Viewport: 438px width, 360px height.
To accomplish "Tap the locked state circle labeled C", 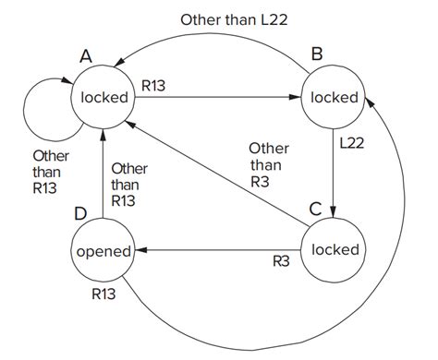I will click(x=335, y=249).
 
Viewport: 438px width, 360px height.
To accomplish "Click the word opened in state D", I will click(x=102, y=251).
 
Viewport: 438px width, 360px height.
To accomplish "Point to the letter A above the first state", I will click(x=86, y=56).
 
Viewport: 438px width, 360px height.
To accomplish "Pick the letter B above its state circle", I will click(x=317, y=55).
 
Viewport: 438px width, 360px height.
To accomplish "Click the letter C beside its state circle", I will click(x=315, y=209).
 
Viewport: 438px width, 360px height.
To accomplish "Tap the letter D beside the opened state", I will click(x=80, y=214).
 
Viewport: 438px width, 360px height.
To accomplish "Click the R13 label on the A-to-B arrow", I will click(x=153, y=85).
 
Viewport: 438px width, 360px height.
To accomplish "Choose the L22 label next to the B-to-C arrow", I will click(x=353, y=144).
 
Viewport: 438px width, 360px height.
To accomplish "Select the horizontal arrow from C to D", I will click(x=222, y=250).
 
